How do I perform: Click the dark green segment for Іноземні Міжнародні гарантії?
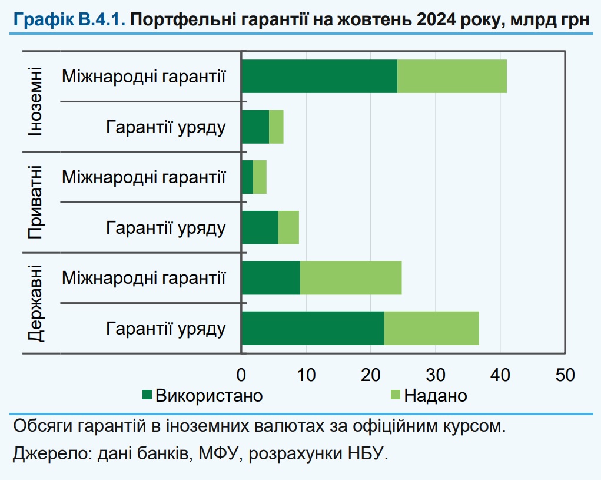click(320, 76)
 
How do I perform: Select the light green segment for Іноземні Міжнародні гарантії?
click(452, 76)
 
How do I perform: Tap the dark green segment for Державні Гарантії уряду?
click(313, 328)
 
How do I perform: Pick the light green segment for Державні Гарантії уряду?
click(431, 328)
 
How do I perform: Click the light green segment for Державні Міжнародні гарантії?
click(351, 277)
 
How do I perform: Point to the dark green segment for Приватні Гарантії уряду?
click(260, 227)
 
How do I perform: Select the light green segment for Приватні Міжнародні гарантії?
click(260, 177)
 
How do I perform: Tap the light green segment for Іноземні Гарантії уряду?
click(276, 126)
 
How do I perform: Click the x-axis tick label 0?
click(241, 375)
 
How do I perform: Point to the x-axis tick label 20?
click(370, 375)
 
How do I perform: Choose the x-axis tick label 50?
click(565, 375)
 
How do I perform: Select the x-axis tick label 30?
click(435, 375)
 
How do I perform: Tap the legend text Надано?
click(436, 395)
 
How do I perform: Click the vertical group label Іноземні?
click(35, 101)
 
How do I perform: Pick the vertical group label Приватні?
click(35, 202)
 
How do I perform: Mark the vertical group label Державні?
click(35, 303)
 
